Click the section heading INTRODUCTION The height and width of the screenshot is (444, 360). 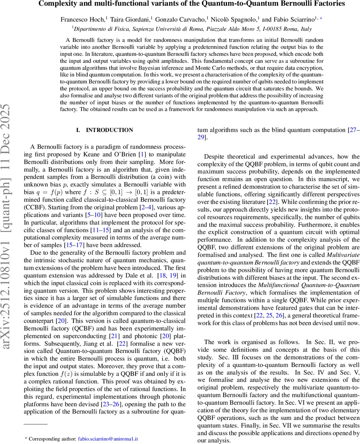point(109,130)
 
